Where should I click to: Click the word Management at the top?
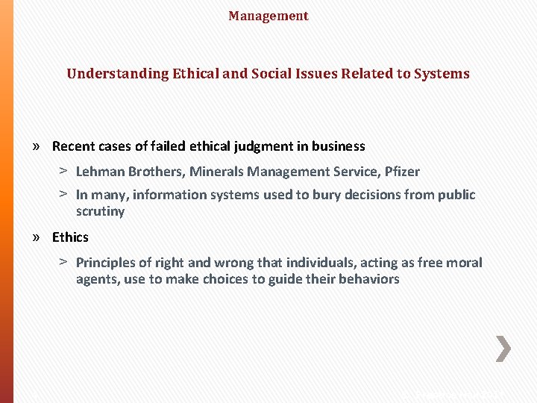tap(268, 16)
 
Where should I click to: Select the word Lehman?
tap(100, 172)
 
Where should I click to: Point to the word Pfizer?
tap(402, 172)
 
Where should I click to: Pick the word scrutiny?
tap(100, 211)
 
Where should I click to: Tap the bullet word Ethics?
tap(70, 237)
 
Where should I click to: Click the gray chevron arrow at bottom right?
tap(503, 349)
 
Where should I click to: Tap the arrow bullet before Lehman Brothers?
tap(64, 171)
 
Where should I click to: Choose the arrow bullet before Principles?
tap(64, 262)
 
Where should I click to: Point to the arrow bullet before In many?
tap(64, 194)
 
